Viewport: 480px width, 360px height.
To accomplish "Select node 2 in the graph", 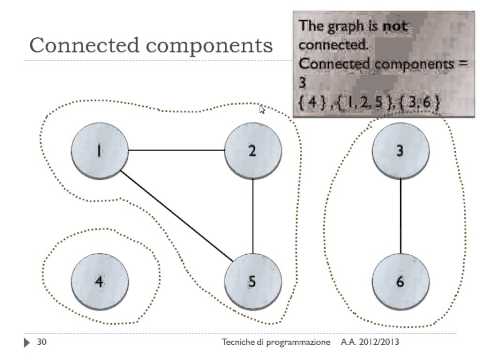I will click(x=253, y=152).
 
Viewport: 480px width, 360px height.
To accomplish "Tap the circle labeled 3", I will click(x=400, y=152).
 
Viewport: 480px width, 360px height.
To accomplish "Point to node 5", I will click(x=253, y=280).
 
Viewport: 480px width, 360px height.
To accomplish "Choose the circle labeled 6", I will click(x=400, y=280).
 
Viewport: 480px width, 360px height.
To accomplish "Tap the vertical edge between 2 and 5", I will click(x=253, y=216).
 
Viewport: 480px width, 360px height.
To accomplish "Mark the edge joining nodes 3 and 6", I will click(x=400, y=216).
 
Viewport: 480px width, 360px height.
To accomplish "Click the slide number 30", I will click(x=42, y=343).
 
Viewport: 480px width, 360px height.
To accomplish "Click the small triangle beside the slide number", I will click(x=27, y=343).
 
